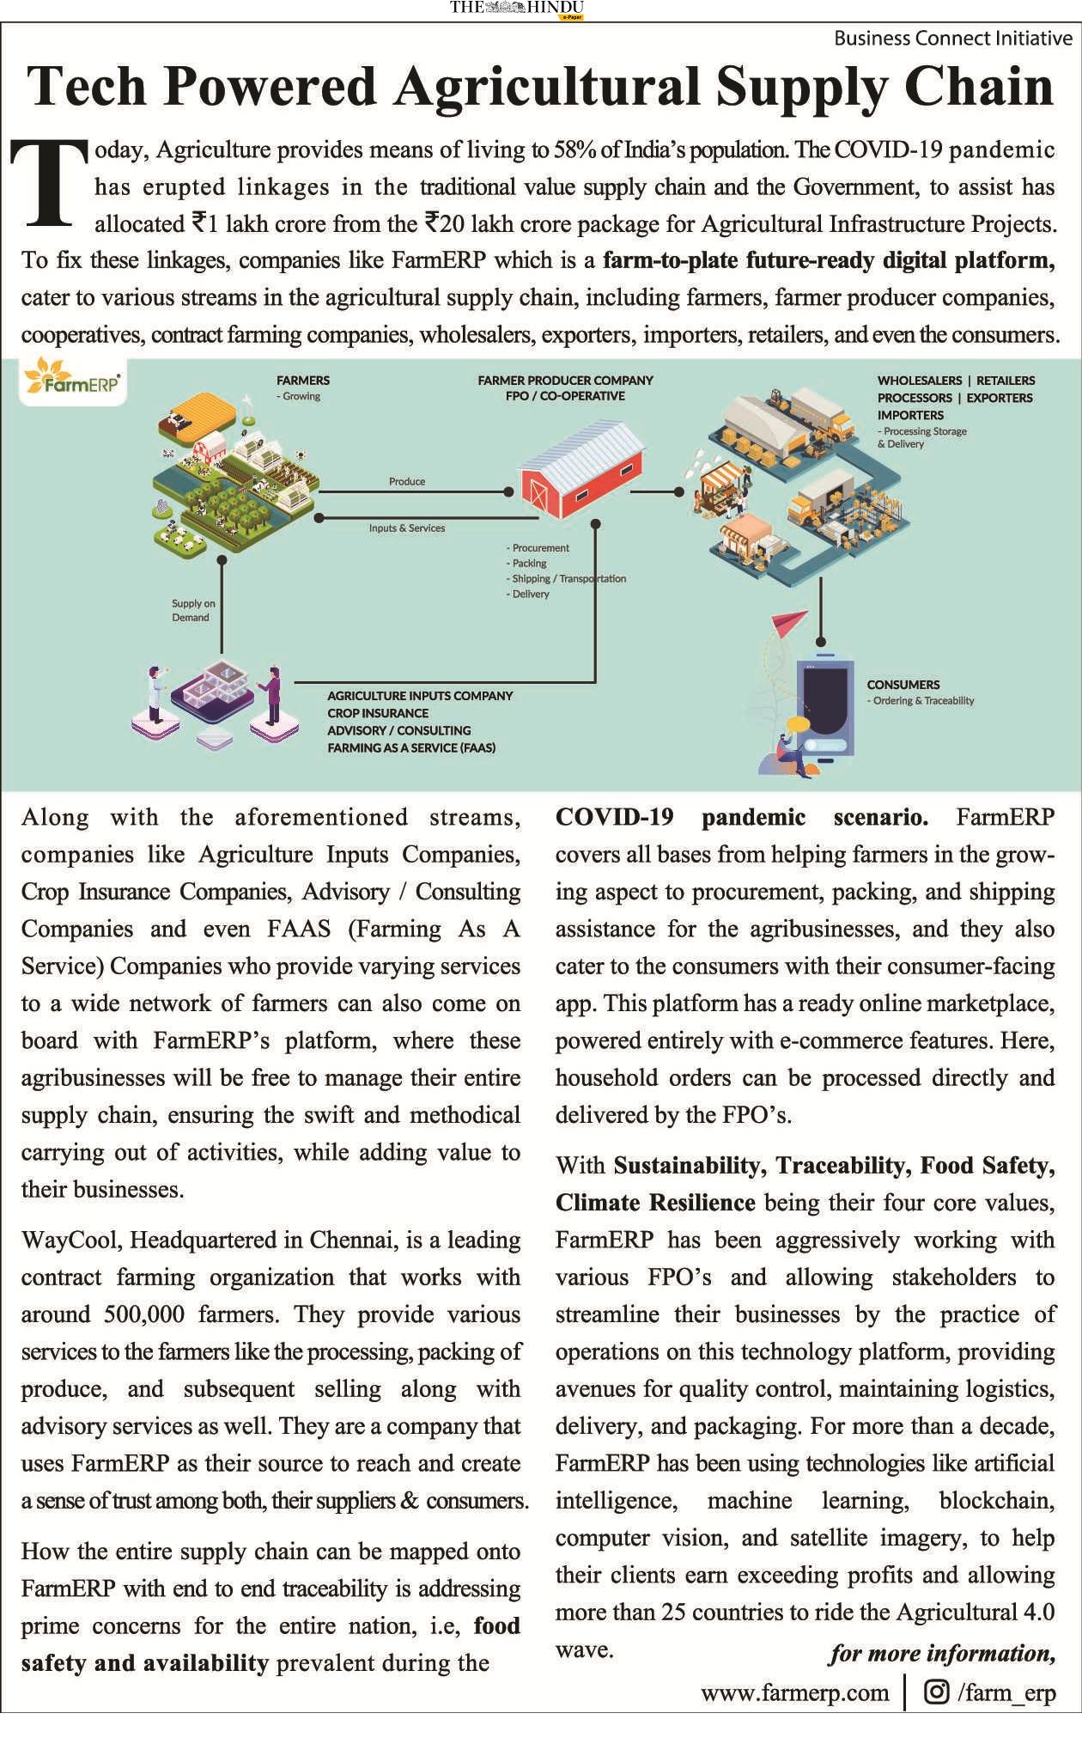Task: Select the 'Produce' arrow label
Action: [x=407, y=481]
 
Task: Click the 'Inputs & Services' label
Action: [x=407, y=528]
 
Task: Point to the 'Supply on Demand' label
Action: [x=193, y=610]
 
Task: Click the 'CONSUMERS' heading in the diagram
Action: [x=903, y=685]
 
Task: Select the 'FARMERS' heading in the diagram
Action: [x=302, y=380]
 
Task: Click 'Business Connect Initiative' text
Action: [x=953, y=38]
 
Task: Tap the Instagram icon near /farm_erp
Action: [x=937, y=1692]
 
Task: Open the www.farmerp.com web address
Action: [x=794, y=1692]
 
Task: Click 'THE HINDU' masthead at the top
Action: [x=516, y=8]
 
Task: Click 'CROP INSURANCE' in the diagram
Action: [x=377, y=713]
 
